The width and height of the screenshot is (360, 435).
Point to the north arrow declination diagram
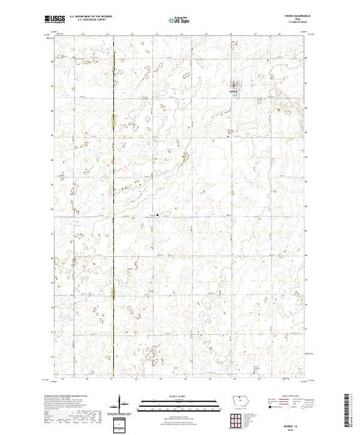[122, 403]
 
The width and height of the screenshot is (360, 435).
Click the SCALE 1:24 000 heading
[178, 396]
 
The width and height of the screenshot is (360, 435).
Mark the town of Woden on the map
[234, 88]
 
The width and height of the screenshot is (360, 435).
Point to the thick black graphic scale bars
[178, 402]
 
